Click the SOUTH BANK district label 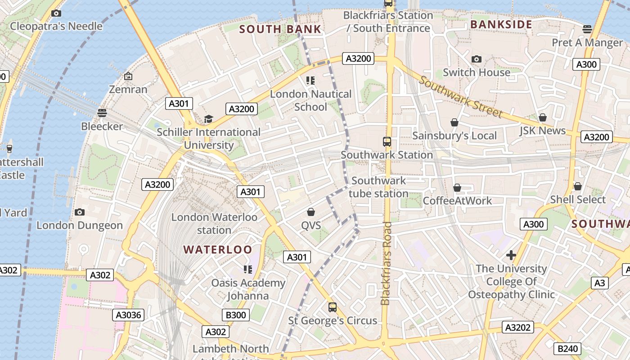(x=280, y=29)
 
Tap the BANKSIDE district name (x=501, y=24)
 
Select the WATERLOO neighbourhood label (x=218, y=249)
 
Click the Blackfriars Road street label (x=386, y=264)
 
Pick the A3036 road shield (x=128, y=315)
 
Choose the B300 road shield (x=236, y=315)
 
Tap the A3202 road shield (x=518, y=327)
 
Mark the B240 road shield (x=567, y=348)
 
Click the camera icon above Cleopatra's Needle (x=56, y=13)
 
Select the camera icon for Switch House (x=477, y=59)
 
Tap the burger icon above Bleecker (x=102, y=112)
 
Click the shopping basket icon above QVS (x=310, y=211)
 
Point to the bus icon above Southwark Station (x=387, y=142)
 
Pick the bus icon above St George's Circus (x=333, y=307)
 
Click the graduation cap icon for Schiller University (x=208, y=119)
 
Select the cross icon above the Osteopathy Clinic (x=511, y=256)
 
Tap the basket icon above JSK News (x=543, y=117)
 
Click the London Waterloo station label (x=214, y=224)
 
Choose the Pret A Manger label (x=587, y=43)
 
